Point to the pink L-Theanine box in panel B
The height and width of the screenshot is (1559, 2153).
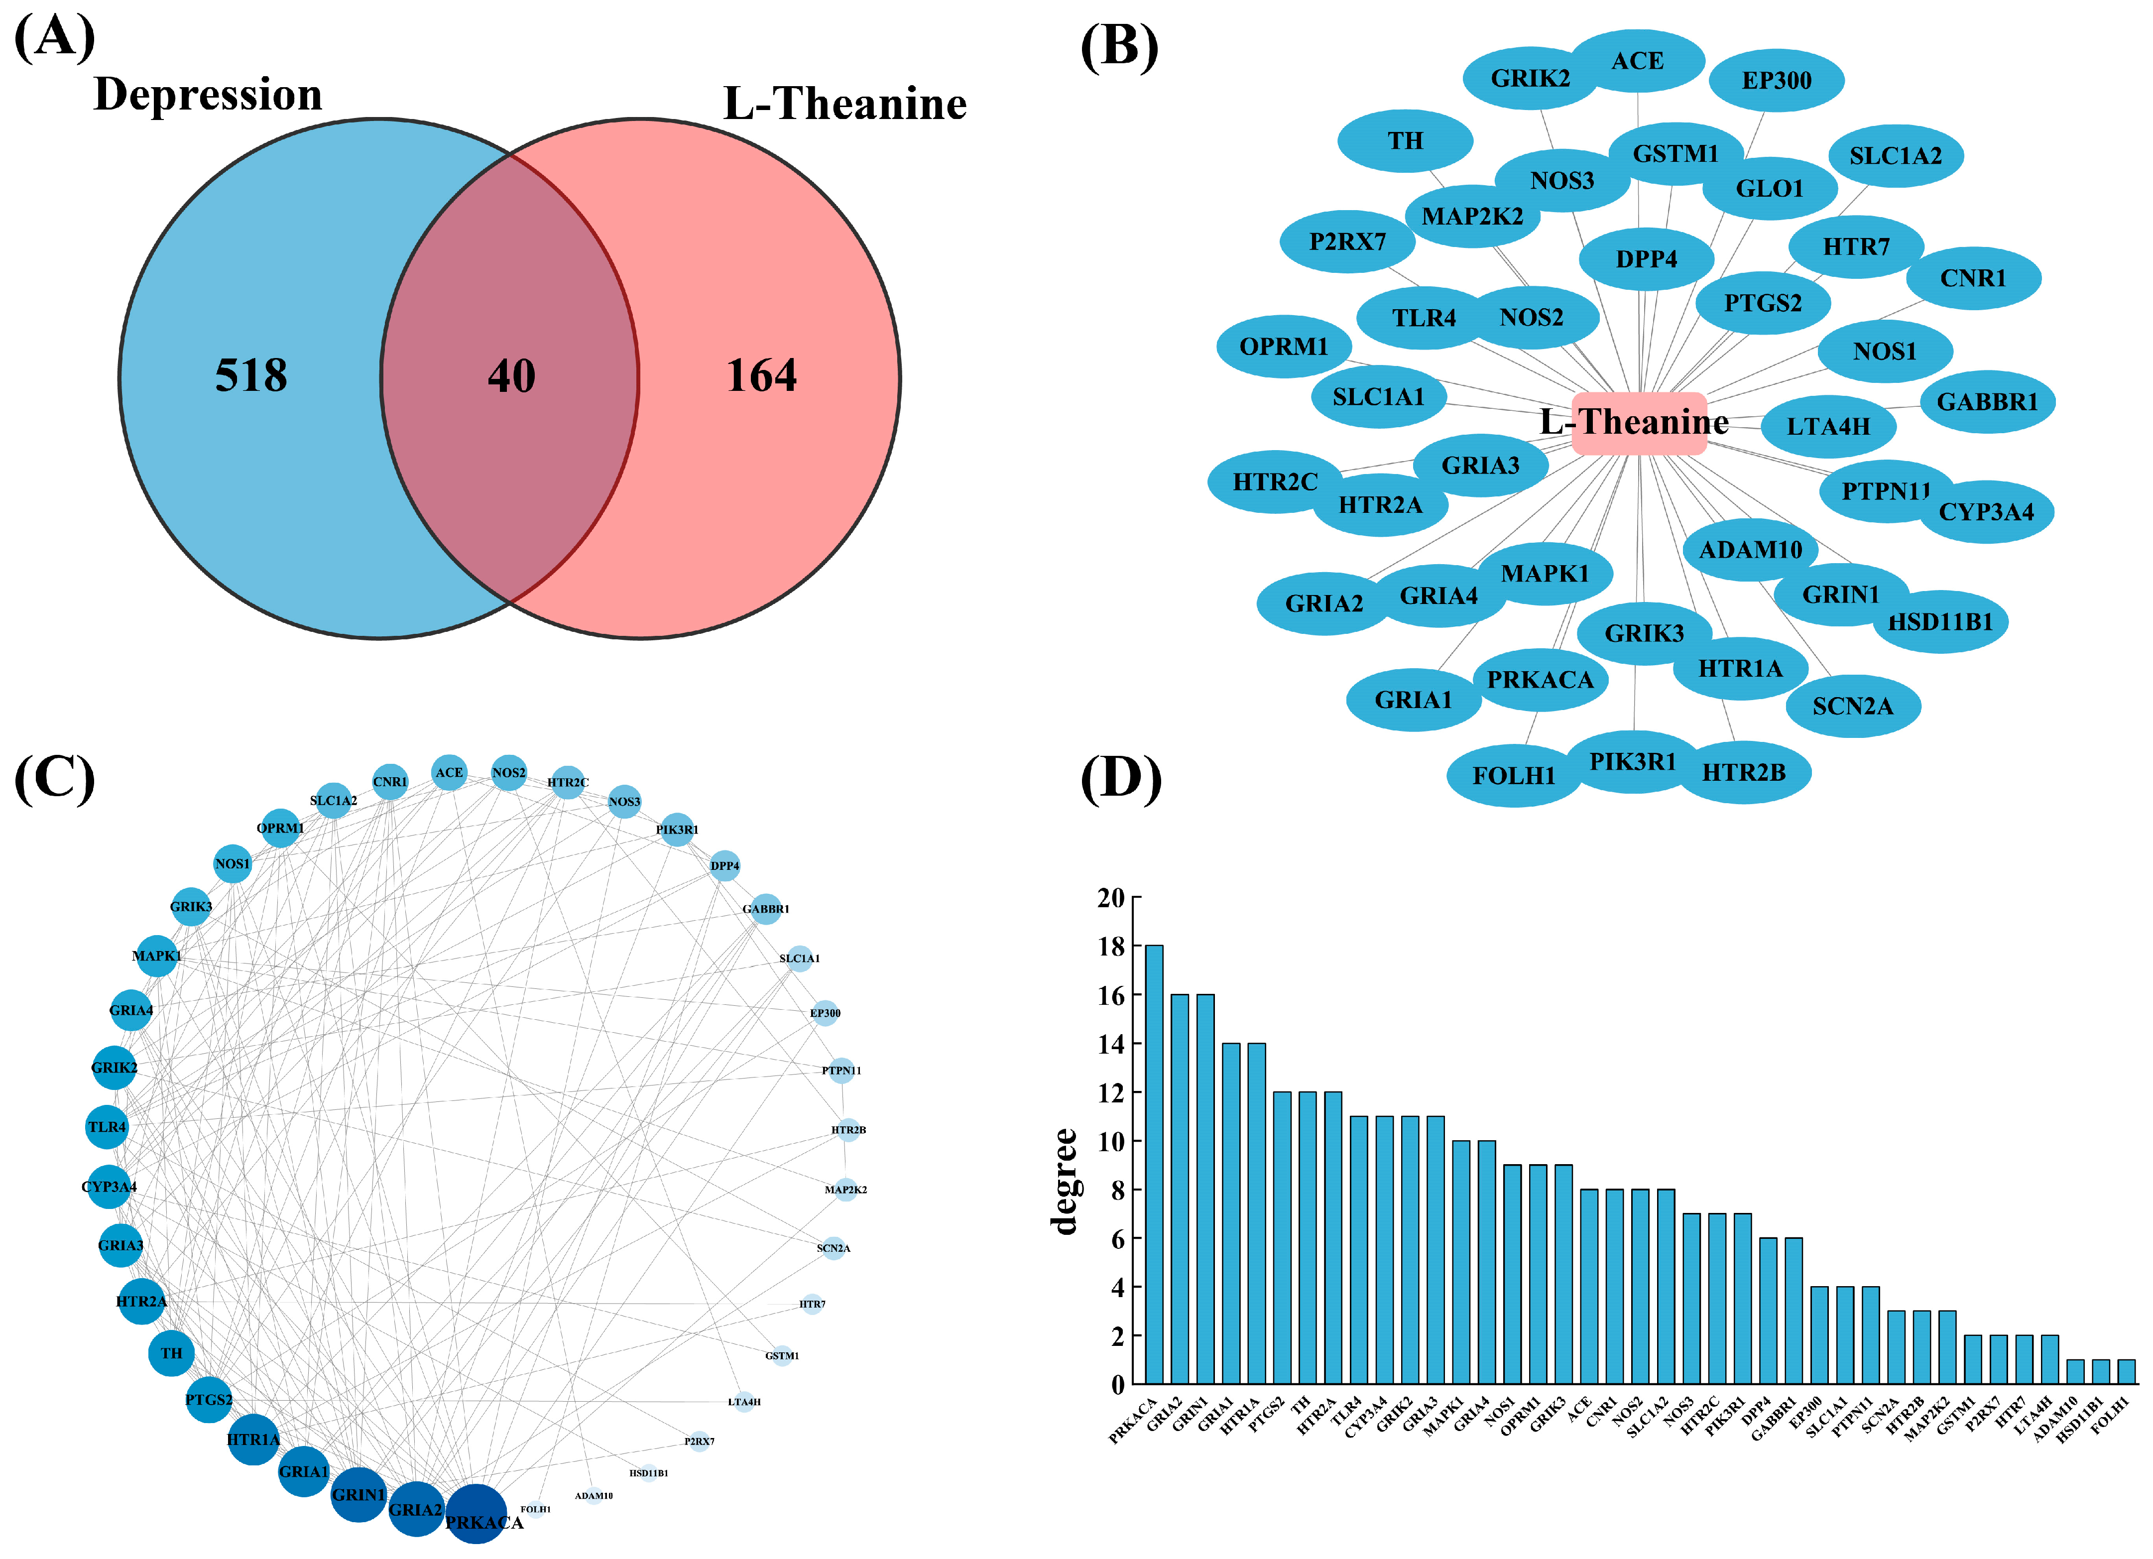[1639, 423]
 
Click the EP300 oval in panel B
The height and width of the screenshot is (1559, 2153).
[1776, 81]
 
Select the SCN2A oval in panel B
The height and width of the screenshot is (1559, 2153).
[1852, 707]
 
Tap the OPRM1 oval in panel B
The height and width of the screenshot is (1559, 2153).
[1284, 347]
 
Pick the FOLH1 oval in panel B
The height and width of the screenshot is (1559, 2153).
[1513, 776]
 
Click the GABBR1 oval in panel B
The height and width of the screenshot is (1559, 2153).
[1987, 402]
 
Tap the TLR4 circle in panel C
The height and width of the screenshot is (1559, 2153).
[107, 1127]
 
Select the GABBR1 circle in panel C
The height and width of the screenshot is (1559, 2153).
[765, 909]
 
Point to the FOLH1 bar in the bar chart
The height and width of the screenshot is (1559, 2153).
[2127, 1372]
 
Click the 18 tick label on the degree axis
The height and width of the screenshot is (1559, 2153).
[1111, 947]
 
